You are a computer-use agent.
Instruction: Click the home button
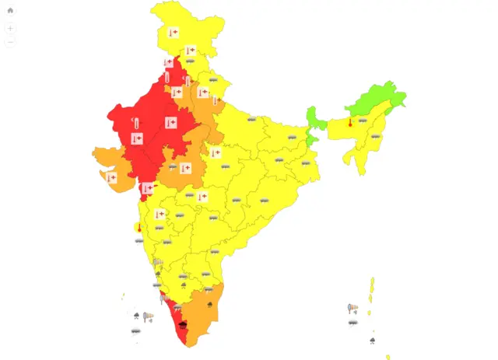tap(10, 11)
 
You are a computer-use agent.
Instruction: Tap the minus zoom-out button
tap(10, 43)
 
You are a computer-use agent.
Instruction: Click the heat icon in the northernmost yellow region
tap(173, 33)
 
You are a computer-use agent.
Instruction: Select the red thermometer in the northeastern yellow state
tap(350, 122)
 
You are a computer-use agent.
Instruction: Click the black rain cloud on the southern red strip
tap(183, 323)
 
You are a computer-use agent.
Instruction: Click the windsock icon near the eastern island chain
tap(352, 309)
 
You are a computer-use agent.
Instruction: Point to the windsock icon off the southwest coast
tap(147, 316)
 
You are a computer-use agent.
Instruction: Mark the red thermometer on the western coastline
tap(139, 229)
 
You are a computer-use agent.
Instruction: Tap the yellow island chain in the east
tap(371, 292)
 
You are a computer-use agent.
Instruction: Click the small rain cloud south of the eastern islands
tap(372, 340)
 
